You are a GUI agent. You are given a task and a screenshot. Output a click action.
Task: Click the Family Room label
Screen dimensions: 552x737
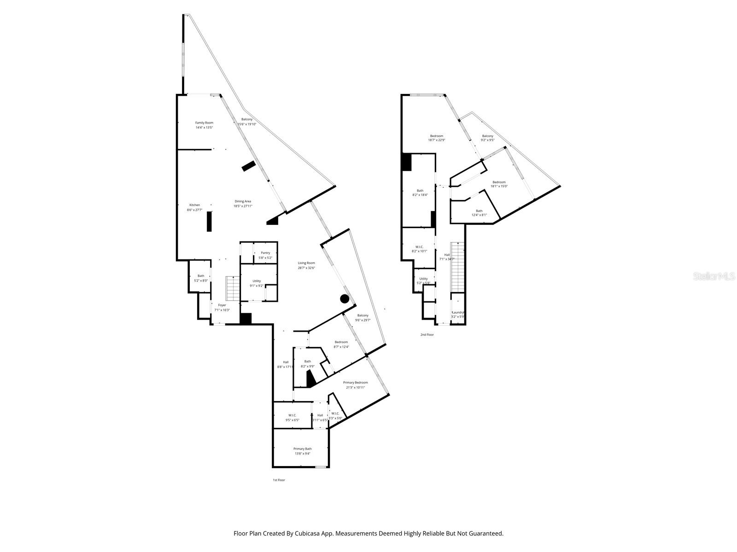pyautogui.click(x=204, y=123)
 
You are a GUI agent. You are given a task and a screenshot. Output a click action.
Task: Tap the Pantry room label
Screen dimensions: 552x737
pyautogui.click(x=265, y=253)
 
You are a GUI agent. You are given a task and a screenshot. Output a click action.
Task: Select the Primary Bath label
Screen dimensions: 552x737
pyautogui.click(x=303, y=449)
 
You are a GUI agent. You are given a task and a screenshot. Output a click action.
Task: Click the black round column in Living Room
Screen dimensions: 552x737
pyautogui.click(x=345, y=299)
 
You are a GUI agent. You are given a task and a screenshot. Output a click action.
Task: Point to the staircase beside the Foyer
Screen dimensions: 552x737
pyautogui.click(x=233, y=288)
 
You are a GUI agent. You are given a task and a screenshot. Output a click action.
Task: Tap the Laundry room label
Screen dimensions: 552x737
pyautogui.click(x=458, y=312)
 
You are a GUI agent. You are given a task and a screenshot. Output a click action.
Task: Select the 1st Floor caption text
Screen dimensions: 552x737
pyautogui.click(x=279, y=480)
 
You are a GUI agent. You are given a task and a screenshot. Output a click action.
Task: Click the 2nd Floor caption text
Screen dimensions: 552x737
pyautogui.click(x=427, y=334)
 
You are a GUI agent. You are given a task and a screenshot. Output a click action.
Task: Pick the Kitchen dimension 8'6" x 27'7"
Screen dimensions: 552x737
pyautogui.click(x=194, y=210)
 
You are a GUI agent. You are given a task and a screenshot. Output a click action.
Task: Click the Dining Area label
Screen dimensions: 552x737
pyautogui.click(x=243, y=201)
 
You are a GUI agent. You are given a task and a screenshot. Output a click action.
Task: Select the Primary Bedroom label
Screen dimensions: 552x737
pyautogui.click(x=355, y=382)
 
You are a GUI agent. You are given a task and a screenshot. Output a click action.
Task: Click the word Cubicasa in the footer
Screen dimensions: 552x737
pyautogui.click(x=311, y=534)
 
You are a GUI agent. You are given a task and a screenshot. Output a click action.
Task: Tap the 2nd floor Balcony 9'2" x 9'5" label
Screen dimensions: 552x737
pyautogui.click(x=487, y=138)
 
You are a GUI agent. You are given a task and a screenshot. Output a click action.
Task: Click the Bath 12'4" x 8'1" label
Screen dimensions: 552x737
pyautogui.click(x=479, y=213)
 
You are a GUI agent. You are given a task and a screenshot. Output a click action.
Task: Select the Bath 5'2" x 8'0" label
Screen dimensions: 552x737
pyautogui.click(x=201, y=278)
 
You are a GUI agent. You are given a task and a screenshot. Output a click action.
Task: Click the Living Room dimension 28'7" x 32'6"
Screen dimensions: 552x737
pyautogui.click(x=306, y=268)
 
